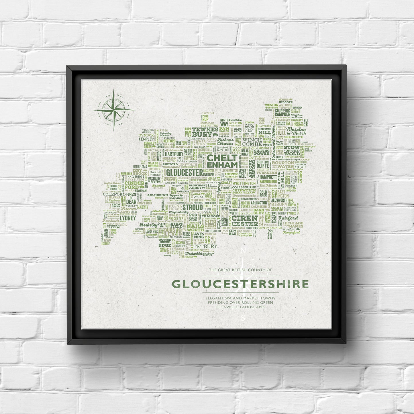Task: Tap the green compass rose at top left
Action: [114, 110]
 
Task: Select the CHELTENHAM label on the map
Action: [222, 161]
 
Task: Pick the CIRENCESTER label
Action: [244, 221]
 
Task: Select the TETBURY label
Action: [205, 246]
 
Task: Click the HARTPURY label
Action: [174, 154]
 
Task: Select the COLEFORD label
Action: [114, 194]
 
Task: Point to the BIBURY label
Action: [279, 204]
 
